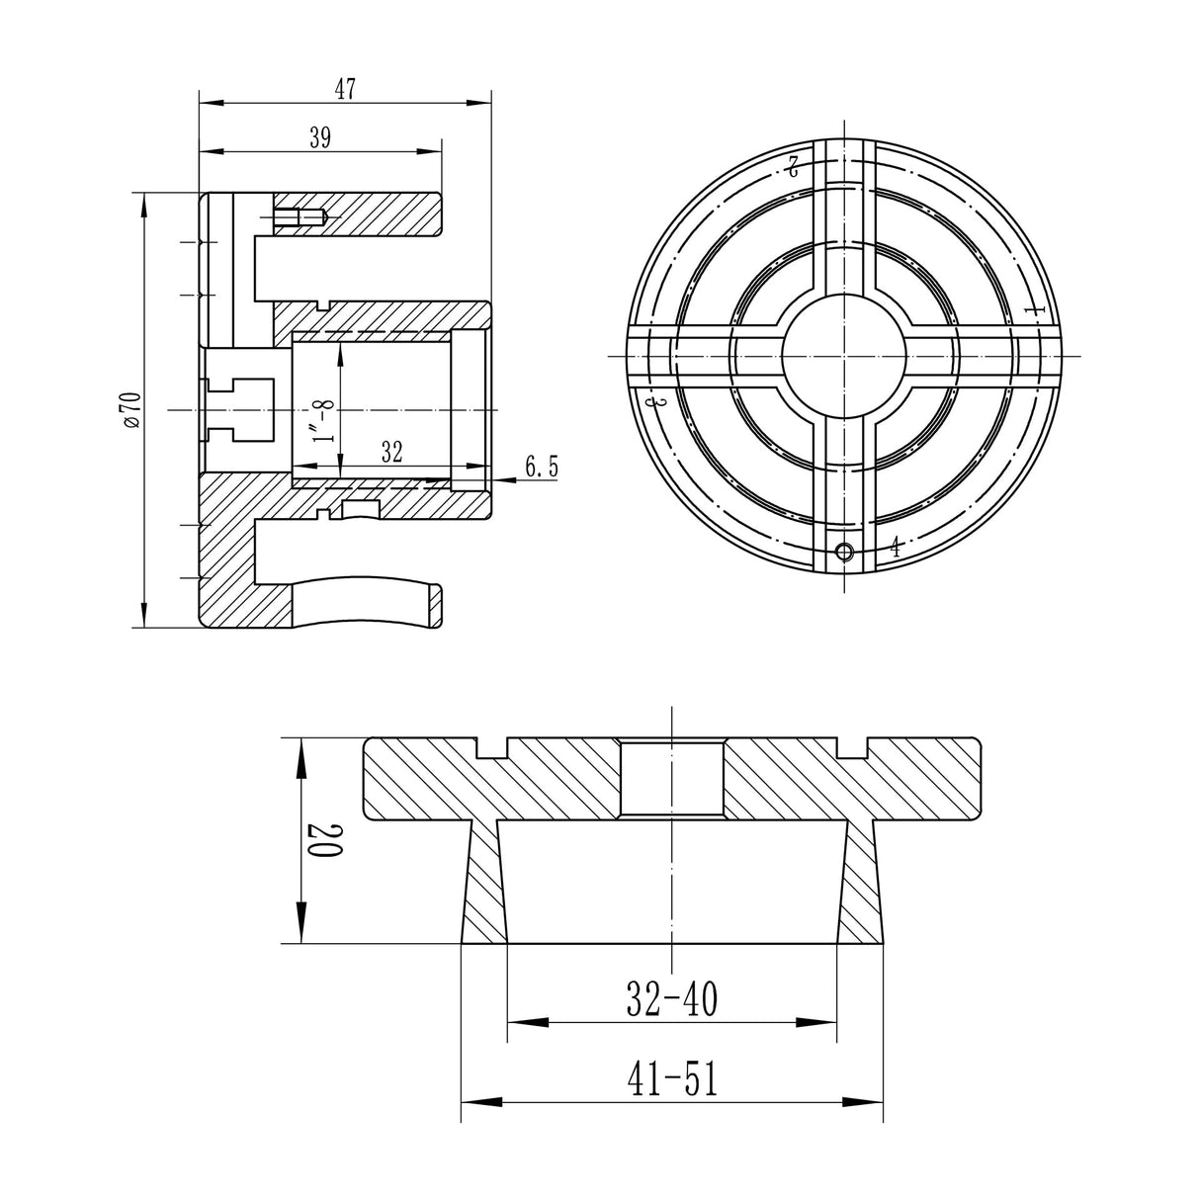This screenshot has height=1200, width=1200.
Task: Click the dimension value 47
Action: click(344, 89)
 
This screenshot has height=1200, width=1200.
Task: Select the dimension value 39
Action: click(319, 138)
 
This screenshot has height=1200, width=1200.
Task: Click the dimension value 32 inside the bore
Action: click(390, 453)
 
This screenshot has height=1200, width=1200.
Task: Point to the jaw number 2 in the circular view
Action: click(792, 165)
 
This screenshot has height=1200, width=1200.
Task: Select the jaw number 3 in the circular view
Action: click(650, 403)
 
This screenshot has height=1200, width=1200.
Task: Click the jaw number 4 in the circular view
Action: click(895, 547)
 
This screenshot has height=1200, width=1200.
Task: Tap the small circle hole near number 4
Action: click(842, 552)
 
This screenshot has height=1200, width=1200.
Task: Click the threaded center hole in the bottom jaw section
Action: click(671, 777)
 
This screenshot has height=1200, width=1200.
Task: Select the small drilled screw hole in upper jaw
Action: click(298, 218)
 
